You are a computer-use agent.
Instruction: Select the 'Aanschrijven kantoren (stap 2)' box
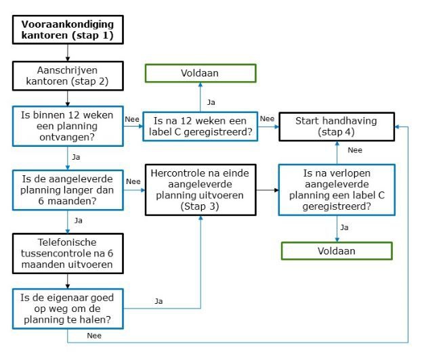tap(68, 76)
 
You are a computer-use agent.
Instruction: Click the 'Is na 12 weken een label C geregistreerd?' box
tap(201, 126)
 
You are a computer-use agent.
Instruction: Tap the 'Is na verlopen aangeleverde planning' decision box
tap(337, 192)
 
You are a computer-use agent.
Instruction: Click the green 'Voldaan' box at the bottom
tap(337, 251)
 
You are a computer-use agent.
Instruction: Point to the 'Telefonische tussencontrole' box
tap(68, 253)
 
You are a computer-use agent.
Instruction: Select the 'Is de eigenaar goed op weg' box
tap(68, 307)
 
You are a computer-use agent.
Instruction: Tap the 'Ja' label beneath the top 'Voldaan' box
tap(211, 102)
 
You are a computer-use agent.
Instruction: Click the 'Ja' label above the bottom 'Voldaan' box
tap(344, 227)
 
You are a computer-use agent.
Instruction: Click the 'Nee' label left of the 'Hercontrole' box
tap(133, 181)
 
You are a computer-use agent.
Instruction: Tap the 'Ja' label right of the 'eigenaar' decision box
tap(159, 301)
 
